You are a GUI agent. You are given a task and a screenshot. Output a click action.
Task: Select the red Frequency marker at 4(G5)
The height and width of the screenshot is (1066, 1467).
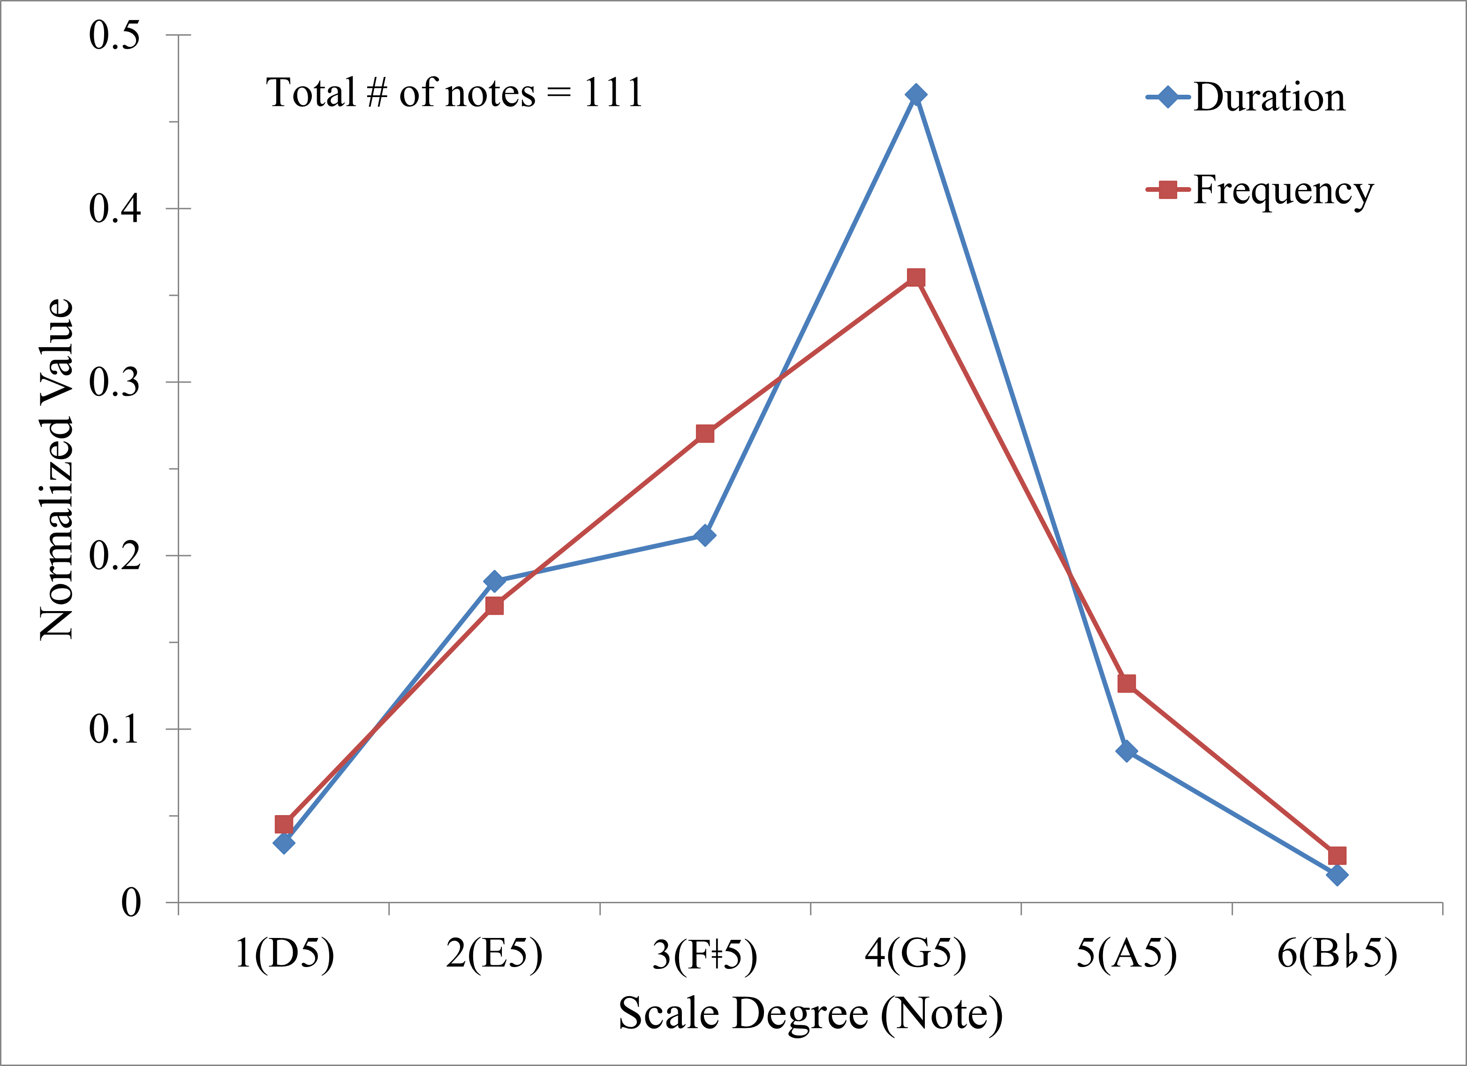coord(915,278)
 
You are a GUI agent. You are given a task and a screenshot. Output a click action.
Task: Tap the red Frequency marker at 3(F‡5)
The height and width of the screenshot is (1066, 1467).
coord(705,433)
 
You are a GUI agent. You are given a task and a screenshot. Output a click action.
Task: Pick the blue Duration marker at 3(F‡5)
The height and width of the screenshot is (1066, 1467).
coord(705,536)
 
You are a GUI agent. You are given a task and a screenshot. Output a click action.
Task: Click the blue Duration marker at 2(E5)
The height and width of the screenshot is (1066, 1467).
coord(494,581)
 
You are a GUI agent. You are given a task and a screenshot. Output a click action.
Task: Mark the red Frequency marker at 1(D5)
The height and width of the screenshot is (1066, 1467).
coord(283,824)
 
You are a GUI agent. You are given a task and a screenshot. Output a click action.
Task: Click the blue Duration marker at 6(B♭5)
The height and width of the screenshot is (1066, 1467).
coord(1337,875)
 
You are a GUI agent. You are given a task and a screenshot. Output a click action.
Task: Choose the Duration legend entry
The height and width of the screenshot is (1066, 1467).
coord(1245,98)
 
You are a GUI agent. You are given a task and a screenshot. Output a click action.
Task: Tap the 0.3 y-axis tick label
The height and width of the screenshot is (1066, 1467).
coord(114,382)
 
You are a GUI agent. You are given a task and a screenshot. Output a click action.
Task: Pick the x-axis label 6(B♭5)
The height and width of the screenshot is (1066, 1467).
coord(1337,953)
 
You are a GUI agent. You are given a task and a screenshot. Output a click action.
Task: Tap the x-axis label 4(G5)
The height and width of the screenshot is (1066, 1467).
coord(915,953)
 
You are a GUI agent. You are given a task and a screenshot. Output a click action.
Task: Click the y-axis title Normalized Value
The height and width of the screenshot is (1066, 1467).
coord(57,469)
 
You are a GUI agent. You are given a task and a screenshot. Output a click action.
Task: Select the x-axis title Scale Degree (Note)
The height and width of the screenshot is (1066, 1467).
coord(810,1013)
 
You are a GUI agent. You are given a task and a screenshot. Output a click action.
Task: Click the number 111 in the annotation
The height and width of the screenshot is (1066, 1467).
coord(613,92)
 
